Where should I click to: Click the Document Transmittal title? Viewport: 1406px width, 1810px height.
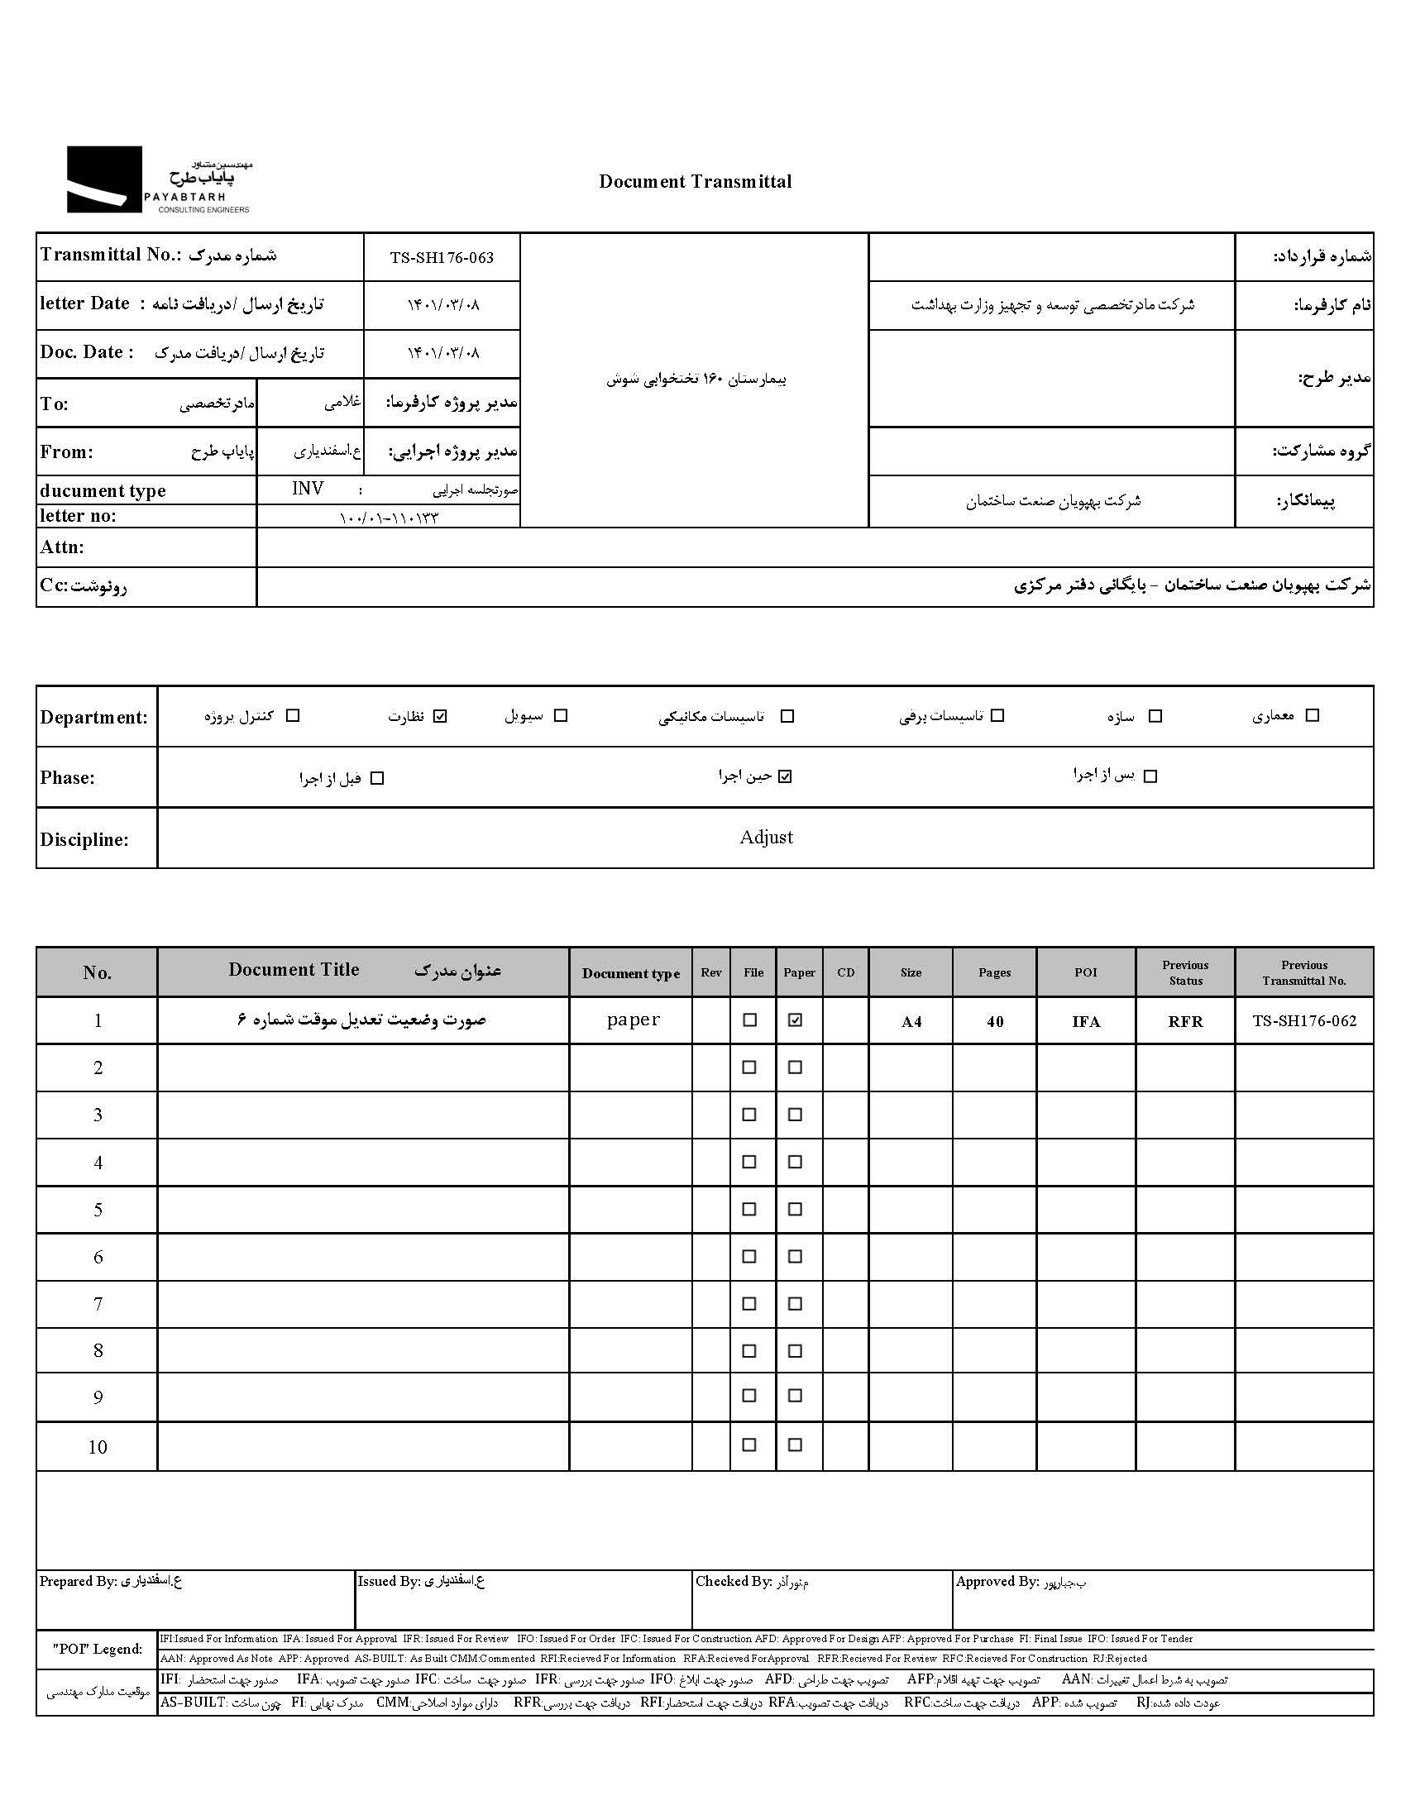click(695, 182)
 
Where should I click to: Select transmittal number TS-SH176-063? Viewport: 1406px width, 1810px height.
click(442, 258)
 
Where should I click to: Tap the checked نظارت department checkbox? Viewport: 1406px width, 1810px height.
click(440, 716)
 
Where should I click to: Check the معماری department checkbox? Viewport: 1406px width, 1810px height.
click(1312, 715)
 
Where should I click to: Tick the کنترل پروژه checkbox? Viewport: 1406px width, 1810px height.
click(293, 715)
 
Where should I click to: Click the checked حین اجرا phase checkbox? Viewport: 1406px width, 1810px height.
click(785, 776)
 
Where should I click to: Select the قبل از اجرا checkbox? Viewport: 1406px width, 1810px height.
click(377, 778)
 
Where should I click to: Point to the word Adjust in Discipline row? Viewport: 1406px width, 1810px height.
click(766, 837)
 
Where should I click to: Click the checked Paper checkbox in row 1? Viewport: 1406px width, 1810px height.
click(795, 1020)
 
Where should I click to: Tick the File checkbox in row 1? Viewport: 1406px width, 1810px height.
click(750, 1020)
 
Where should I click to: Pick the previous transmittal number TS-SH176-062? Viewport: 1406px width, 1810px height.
click(1304, 1021)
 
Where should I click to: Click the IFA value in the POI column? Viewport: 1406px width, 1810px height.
click(1085, 1022)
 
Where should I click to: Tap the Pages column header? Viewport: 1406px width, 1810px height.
click(994, 972)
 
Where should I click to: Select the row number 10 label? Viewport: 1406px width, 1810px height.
click(98, 1447)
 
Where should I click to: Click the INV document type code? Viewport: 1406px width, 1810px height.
click(308, 489)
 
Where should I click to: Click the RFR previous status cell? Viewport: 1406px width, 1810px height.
click(1185, 1022)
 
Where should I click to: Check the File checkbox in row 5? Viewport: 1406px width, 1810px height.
click(749, 1209)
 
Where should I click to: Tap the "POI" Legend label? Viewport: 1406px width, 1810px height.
click(97, 1650)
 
